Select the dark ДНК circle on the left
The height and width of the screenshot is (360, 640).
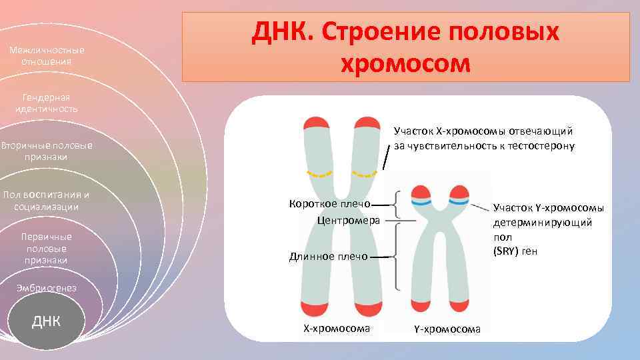coord(47,321)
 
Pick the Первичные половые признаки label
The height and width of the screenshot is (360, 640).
coord(46,249)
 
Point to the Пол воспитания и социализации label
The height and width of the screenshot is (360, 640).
coord(46,201)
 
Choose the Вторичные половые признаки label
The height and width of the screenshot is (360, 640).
coord(46,151)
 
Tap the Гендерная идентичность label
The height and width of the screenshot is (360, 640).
coord(46,103)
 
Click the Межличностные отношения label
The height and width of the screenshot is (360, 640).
coord(46,56)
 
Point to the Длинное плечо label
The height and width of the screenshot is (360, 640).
coord(328,256)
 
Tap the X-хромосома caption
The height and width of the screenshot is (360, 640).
coord(337,328)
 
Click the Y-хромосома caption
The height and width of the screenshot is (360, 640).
coord(447,329)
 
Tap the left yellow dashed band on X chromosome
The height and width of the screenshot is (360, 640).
coord(319,174)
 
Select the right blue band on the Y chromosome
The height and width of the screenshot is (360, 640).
coord(458,201)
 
